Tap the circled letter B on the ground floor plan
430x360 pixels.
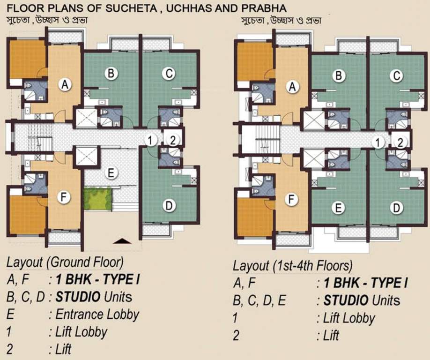[x=111, y=74]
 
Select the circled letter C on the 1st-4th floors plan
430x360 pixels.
[x=397, y=75]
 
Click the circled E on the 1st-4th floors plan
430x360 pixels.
[x=338, y=208]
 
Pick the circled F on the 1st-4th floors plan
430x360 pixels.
[x=292, y=200]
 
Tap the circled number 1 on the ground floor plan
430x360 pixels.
[x=150, y=140]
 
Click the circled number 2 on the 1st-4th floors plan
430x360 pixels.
[x=400, y=143]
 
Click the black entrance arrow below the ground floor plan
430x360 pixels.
[x=123, y=241]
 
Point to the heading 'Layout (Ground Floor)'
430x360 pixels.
[x=65, y=262]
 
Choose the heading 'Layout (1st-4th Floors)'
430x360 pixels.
[x=292, y=266]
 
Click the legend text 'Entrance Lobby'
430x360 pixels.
[x=97, y=314]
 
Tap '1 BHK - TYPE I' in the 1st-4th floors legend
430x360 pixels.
[x=362, y=283]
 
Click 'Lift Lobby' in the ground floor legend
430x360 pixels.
[x=81, y=331]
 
